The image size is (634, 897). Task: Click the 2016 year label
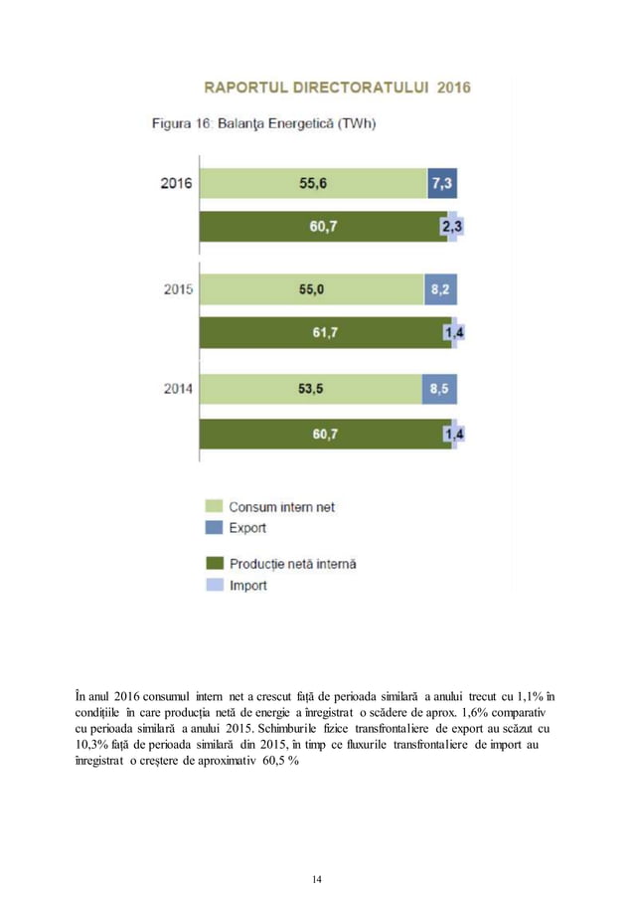177,183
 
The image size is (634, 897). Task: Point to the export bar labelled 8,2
441,290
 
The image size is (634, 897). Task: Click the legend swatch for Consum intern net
213,506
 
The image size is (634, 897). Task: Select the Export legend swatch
213,528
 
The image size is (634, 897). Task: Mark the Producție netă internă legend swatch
213,564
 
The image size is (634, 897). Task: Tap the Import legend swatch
213,586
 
